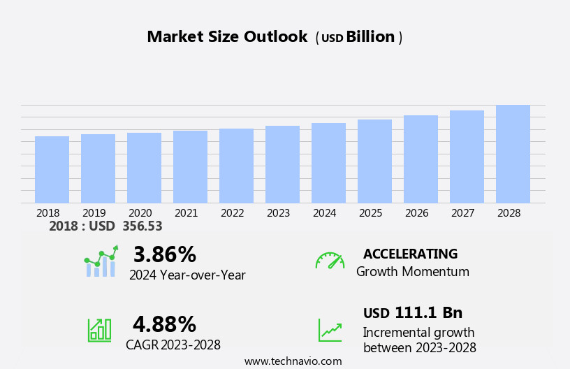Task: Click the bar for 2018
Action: (52, 170)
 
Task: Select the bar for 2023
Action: (282, 165)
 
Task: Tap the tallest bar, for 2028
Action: (513, 154)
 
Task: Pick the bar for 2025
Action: (374, 161)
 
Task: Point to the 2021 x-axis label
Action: (186, 213)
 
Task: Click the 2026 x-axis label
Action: (416, 213)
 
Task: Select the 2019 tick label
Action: (94, 213)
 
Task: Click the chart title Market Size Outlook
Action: (227, 37)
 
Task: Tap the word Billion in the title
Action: (370, 37)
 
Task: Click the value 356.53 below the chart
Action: (142, 226)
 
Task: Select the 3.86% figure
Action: (164, 254)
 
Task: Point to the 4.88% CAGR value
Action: (164, 324)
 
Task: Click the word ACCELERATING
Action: (410, 254)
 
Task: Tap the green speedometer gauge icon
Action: (330, 261)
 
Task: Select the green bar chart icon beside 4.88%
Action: (99, 329)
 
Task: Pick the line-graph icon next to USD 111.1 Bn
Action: (330, 330)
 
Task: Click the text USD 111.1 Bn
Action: (412, 312)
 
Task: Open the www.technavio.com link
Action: (293, 361)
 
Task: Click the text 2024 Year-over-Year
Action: (187, 275)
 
